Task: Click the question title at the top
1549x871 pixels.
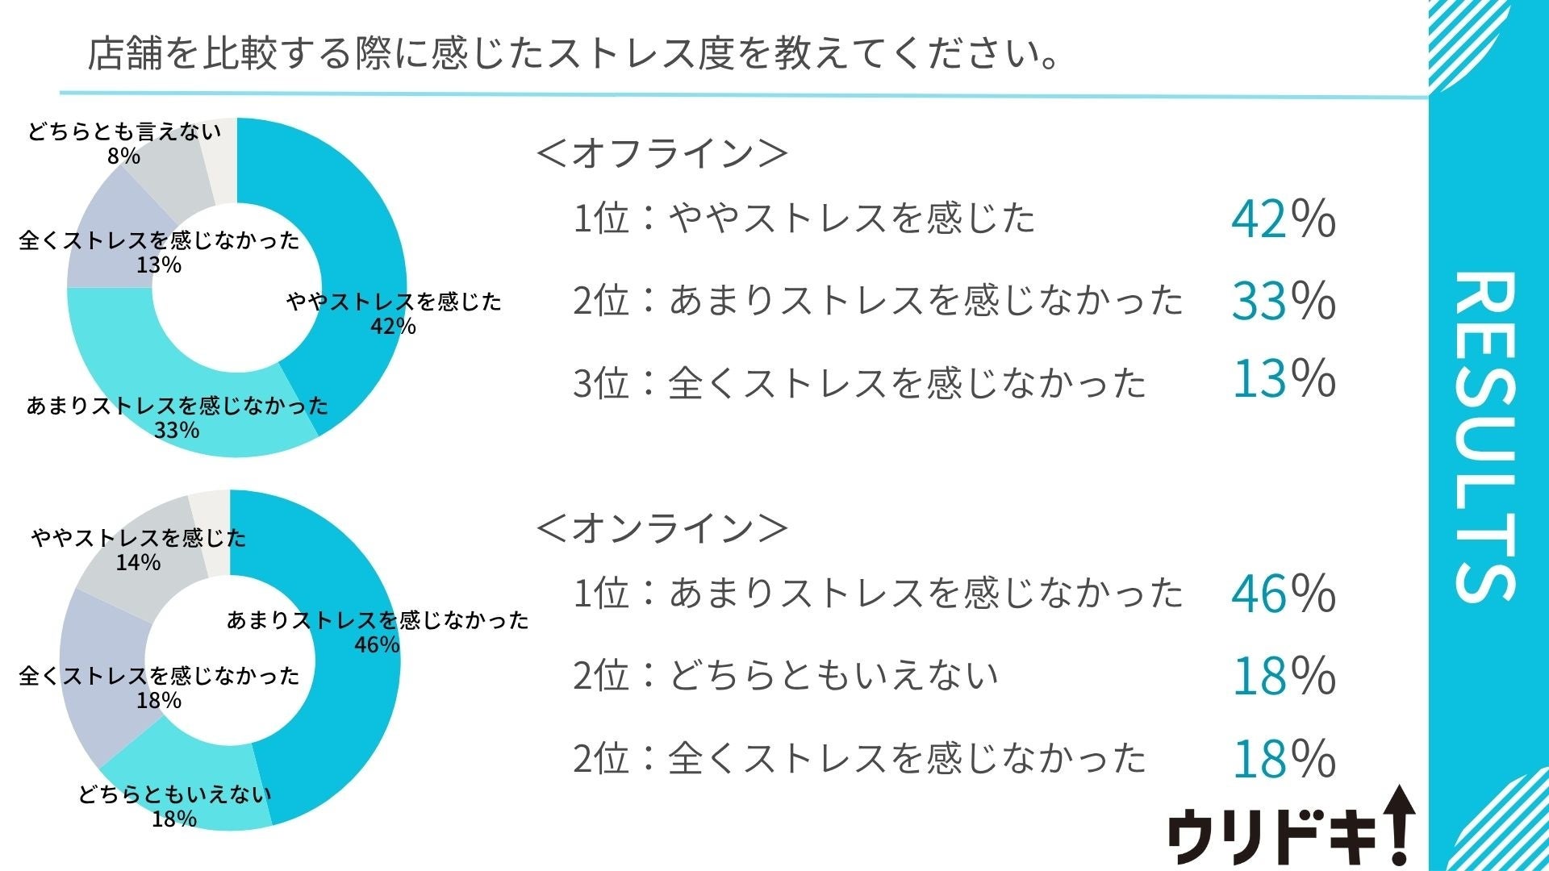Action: [x=573, y=54]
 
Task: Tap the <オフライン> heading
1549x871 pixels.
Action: [x=662, y=153]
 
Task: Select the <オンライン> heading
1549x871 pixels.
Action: [x=662, y=528]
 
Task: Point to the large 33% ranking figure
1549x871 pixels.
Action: [x=1283, y=300]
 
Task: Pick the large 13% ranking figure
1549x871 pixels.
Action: [x=1283, y=378]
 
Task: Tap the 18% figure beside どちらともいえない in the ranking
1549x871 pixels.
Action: [x=1283, y=675]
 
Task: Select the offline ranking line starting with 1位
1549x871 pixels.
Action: [x=804, y=218]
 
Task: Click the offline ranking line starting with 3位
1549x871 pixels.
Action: [x=859, y=382]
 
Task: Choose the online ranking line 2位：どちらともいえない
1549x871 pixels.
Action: [x=786, y=675]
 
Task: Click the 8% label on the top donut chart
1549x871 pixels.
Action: [x=123, y=156]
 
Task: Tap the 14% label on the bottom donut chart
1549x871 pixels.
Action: [x=138, y=562]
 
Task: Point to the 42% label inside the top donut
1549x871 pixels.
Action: [x=394, y=326]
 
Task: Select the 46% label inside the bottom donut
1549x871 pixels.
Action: [x=377, y=644]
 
